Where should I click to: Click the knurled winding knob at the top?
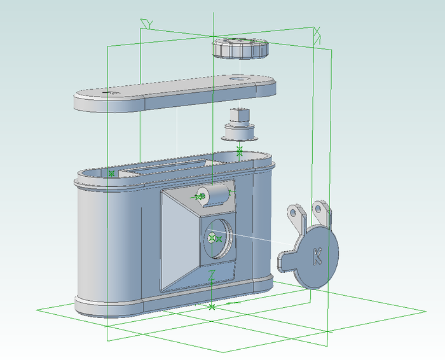pyautogui.click(x=240, y=48)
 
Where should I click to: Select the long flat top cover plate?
pyautogui.click(x=175, y=93)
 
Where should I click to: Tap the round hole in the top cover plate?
pyautogui.click(x=240, y=78)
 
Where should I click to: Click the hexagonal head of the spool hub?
pyautogui.click(x=240, y=114)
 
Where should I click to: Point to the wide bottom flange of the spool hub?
pyautogui.click(x=240, y=138)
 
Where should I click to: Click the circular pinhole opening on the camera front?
pyautogui.click(x=218, y=239)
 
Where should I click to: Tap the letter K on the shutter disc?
pyautogui.click(x=317, y=256)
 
